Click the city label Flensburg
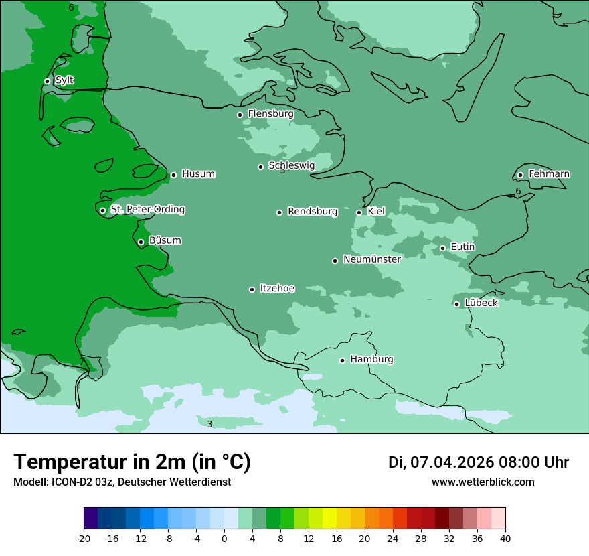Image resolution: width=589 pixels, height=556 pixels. point(270,114)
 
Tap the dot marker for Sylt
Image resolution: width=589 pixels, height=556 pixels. point(47,81)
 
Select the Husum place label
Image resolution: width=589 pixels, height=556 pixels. point(198,174)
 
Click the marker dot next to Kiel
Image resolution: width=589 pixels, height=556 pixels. point(359,212)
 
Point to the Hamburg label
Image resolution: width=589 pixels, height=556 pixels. point(371,360)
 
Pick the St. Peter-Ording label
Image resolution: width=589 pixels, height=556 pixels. point(147,210)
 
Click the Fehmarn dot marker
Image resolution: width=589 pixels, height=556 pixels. point(520,175)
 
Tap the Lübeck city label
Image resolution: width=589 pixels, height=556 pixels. point(481,303)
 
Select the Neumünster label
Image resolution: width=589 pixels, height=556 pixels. point(372,259)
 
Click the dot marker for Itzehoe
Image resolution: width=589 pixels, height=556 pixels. point(252,289)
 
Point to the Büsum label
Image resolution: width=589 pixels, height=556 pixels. point(165,241)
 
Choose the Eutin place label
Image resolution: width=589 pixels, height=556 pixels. point(462,247)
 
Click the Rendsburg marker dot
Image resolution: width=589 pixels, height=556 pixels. point(279,212)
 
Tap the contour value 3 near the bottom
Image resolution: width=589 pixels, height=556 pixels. point(209,425)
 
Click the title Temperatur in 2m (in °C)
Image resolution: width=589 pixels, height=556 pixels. point(132,462)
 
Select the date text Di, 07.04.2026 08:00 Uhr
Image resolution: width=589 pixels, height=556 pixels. point(478,462)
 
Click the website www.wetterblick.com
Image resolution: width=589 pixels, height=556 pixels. point(483,482)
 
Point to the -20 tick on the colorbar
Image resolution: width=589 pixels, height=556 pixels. point(84,539)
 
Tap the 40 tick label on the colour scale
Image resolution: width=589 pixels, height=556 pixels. point(505,539)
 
